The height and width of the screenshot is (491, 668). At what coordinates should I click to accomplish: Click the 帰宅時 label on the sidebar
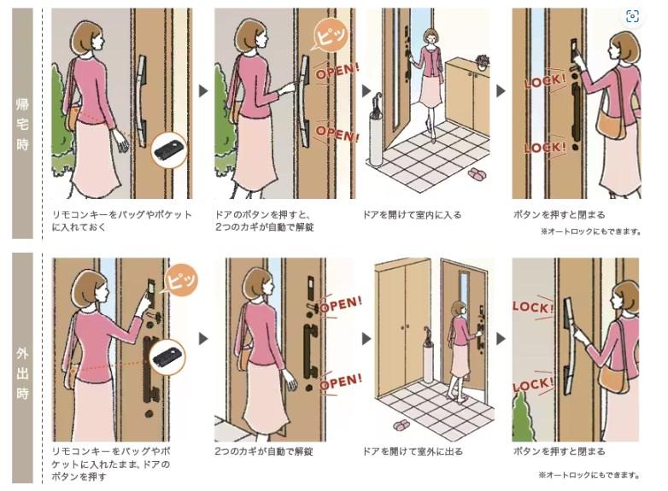pyautogui.click(x=22, y=124)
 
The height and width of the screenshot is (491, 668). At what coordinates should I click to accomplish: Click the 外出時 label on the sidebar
pyautogui.click(x=22, y=373)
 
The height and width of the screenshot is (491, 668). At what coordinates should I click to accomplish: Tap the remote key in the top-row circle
pyautogui.click(x=168, y=150)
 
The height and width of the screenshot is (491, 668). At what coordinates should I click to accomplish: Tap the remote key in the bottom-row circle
pyautogui.click(x=167, y=357)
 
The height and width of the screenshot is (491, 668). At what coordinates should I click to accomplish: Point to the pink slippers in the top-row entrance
pyautogui.click(x=478, y=173)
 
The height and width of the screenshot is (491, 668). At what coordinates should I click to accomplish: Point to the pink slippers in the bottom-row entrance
pyautogui.click(x=401, y=424)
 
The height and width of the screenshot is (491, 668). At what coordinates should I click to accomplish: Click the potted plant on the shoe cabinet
pyautogui.click(x=483, y=62)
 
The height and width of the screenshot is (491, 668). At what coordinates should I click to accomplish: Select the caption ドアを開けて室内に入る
pyautogui.click(x=412, y=214)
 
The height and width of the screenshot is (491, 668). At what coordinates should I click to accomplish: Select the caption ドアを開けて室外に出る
pyautogui.click(x=413, y=452)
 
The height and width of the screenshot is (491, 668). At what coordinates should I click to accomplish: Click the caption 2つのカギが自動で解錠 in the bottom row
pyautogui.click(x=264, y=452)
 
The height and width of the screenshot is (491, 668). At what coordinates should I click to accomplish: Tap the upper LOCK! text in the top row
pyautogui.click(x=545, y=80)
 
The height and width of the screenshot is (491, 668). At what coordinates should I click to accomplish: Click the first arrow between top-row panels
pyautogui.click(x=203, y=91)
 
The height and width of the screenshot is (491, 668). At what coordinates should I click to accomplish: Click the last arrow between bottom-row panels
pyautogui.click(x=501, y=339)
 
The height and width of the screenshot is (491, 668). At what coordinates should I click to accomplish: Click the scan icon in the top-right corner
pyautogui.click(x=633, y=16)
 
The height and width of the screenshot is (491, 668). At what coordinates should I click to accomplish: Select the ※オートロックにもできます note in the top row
pyautogui.click(x=591, y=231)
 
